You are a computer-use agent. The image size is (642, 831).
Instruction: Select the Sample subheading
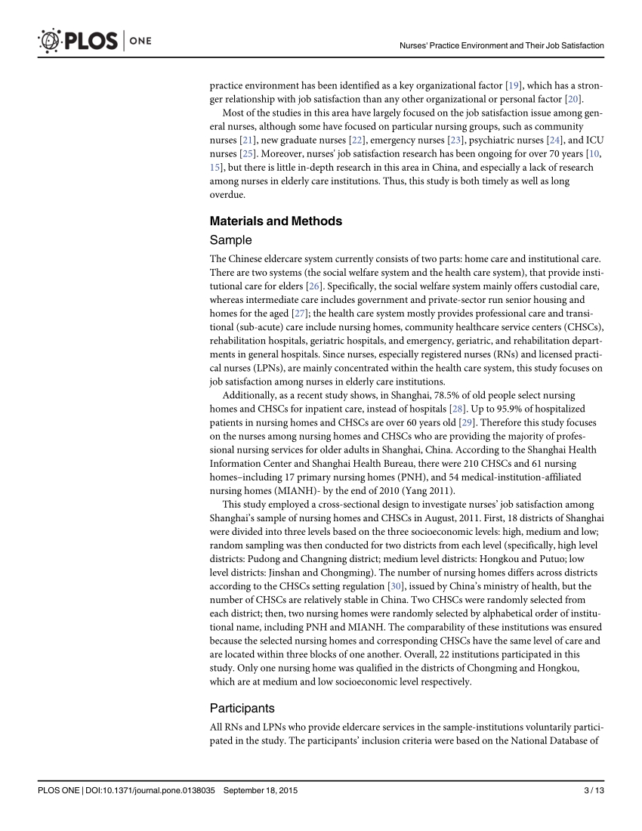pyautogui.click(x=230, y=240)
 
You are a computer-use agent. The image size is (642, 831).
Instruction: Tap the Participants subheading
pyautogui.click(x=242, y=709)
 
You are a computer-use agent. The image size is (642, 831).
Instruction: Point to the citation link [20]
pyautogui.click(x=573, y=99)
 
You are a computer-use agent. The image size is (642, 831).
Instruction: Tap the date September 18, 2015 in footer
pyautogui.click(x=260, y=790)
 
